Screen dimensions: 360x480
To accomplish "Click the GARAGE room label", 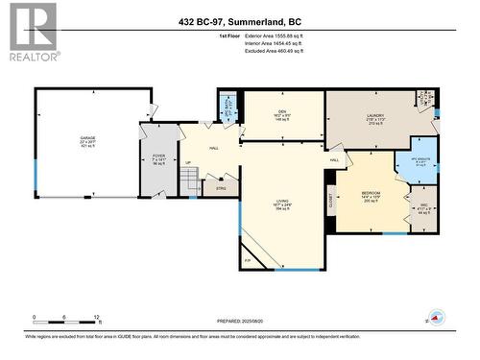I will (x=87, y=138).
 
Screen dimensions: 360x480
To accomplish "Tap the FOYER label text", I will (x=159, y=156).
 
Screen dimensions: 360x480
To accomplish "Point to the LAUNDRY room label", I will (x=375, y=115).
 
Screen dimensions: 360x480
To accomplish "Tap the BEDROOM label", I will (x=371, y=193).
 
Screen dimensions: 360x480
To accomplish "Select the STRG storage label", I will (x=220, y=188).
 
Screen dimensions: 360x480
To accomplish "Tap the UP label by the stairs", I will (x=188, y=162).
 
